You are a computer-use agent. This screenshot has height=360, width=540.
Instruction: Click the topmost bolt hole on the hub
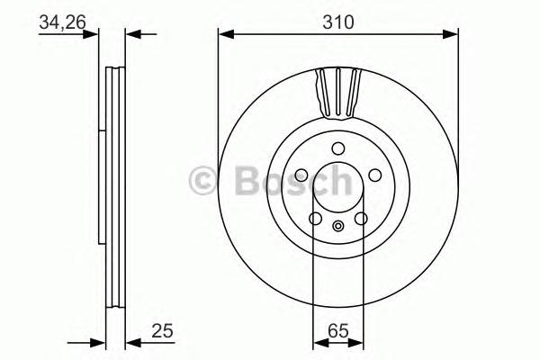point(337,148)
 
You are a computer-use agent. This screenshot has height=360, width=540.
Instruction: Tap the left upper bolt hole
point(301,175)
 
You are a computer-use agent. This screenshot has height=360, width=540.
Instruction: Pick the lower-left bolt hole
point(315,219)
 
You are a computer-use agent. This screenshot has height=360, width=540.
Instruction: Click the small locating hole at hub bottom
point(337,227)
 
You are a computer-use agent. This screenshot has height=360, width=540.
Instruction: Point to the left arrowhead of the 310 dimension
point(225,34)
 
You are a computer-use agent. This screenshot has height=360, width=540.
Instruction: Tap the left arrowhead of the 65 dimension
point(318,341)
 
